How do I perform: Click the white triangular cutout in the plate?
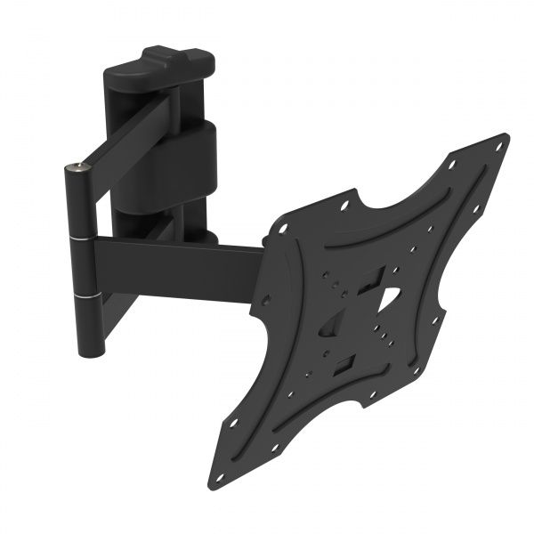click(x=389, y=302)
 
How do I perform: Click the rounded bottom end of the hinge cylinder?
click(x=88, y=350)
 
